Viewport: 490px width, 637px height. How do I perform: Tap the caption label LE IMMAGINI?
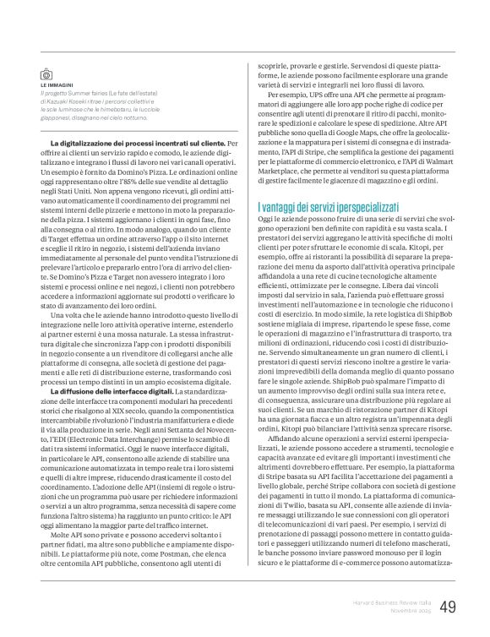(56, 86)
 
